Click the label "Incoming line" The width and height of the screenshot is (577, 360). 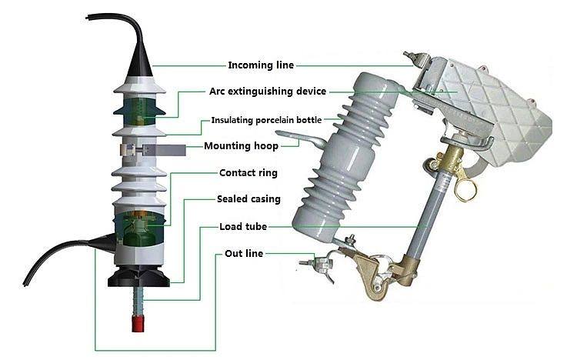261,65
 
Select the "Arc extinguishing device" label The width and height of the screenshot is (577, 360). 268,92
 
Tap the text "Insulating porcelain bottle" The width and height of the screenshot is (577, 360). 266,120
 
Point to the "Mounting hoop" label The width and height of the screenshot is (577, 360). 241,145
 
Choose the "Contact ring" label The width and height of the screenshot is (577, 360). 248,172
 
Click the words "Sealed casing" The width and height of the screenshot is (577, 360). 248,199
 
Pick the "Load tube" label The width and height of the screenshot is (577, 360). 243,226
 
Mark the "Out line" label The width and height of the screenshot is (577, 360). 244,253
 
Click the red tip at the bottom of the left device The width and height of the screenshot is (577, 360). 138,323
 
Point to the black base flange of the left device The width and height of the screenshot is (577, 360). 138,276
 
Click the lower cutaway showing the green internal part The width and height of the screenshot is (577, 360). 139,228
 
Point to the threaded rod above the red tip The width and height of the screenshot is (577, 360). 138,300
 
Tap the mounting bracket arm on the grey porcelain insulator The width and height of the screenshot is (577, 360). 300,138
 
